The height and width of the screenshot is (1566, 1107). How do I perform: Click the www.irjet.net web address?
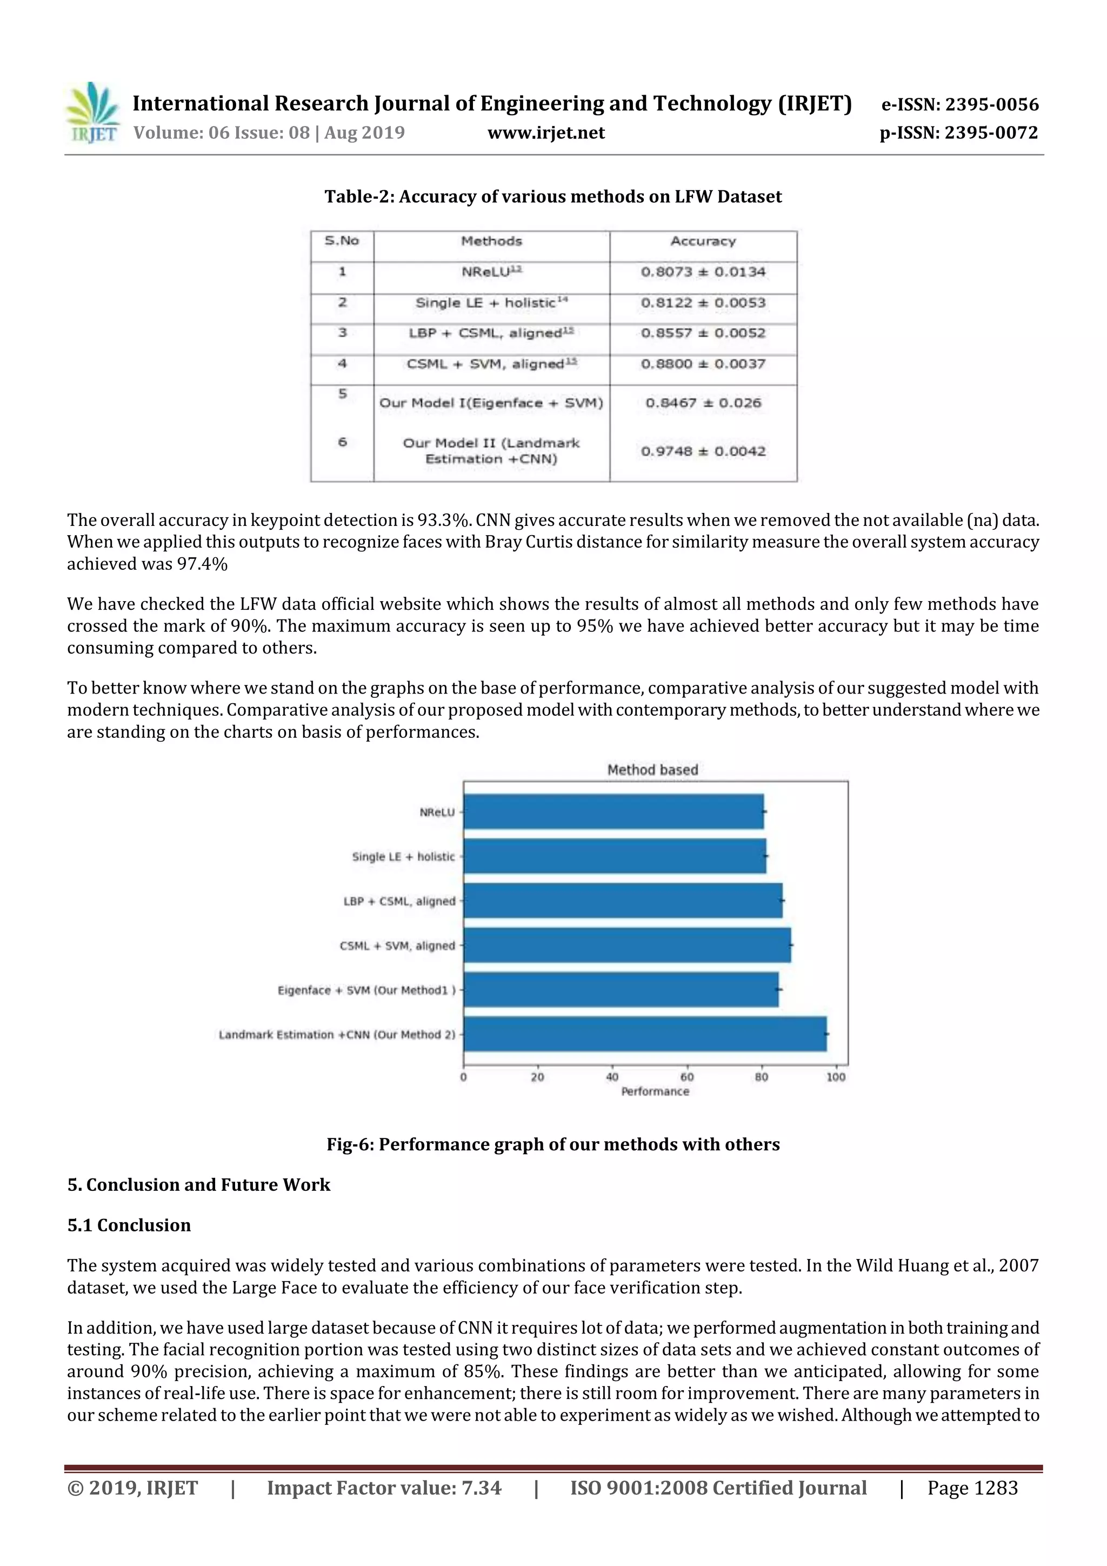(545, 133)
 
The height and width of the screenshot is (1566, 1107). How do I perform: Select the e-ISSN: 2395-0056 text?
(959, 104)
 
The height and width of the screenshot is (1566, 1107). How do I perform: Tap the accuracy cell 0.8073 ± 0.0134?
(703, 272)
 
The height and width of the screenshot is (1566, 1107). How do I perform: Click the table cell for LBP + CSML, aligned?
(491, 333)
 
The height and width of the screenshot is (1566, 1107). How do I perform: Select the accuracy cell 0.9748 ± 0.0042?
(703, 451)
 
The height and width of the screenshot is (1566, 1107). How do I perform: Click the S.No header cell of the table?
(342, 241)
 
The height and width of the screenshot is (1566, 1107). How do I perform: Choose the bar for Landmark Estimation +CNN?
(644, 1034)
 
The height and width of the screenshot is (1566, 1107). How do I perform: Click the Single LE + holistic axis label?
(403, 857)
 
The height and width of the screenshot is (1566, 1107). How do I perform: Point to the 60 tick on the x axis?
(687, 1077)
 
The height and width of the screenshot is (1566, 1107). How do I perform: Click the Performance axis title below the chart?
(655, 1092)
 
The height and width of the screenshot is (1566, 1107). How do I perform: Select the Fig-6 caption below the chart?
(552, 1144)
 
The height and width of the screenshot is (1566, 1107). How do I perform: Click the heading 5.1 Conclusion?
(129, 1225)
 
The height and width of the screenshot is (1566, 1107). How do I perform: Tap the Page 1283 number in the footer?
(972, 1488)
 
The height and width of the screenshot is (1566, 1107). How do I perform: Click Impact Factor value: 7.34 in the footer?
(384, 1488)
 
